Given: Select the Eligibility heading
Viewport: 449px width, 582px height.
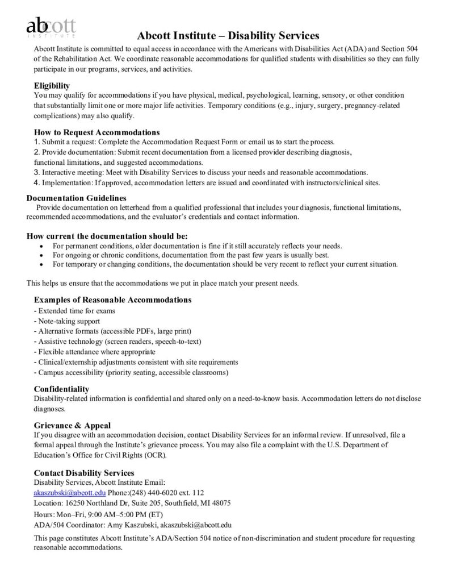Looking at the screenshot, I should point(52,85).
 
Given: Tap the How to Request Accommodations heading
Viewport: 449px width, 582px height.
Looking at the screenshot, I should point(96,132).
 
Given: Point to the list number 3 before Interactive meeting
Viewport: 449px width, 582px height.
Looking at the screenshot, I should point(36,172).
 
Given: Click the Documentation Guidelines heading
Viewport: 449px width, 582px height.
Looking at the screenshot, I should point(77,198).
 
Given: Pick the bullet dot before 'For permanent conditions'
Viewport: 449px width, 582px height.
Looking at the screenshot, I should point(43,246).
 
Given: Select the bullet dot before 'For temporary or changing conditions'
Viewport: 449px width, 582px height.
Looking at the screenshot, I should point(43,264).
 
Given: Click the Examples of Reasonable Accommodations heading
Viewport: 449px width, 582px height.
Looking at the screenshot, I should point(112,300).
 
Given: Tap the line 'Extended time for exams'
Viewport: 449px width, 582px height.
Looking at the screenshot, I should point(74,311).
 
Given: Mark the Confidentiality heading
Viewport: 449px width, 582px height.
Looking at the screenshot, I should point(61,389).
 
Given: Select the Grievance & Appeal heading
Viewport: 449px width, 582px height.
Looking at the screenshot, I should point(72,425).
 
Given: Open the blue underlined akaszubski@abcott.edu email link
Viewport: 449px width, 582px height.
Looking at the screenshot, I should point(70,493).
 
